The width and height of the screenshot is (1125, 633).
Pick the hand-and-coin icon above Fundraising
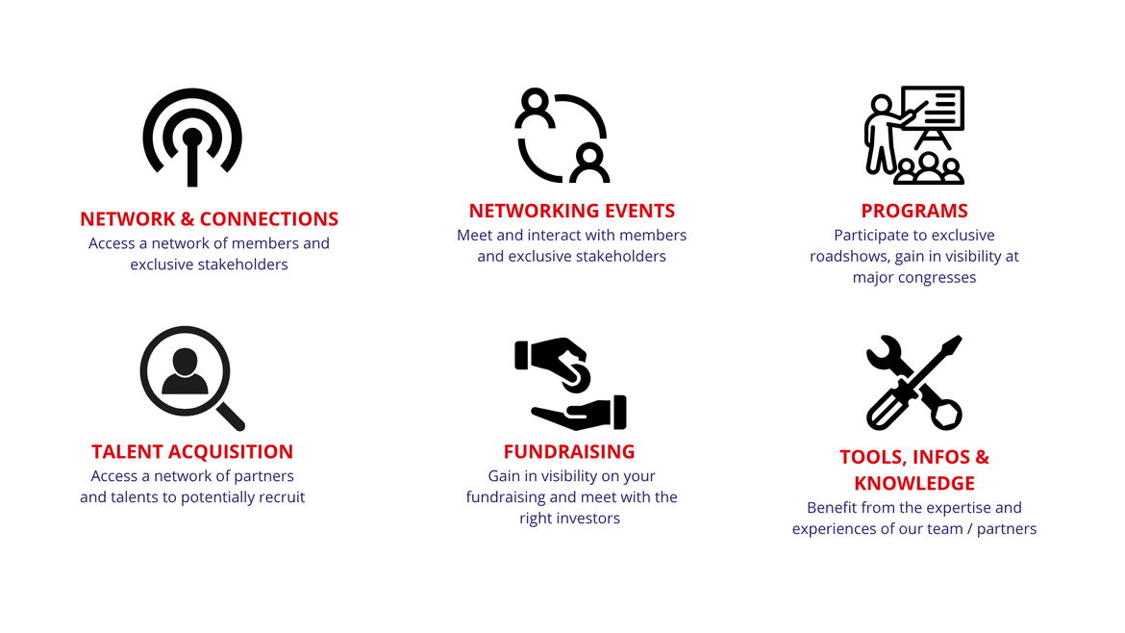click(x=570, y=383)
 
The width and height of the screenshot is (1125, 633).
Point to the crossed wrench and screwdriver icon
click(x=914, y=383)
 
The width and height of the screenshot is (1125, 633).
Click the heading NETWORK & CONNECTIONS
click(x=209, y=219)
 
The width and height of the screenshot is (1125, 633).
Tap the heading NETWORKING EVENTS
click(x=572, y=211)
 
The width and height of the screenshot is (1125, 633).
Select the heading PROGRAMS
click(x=914, y=211)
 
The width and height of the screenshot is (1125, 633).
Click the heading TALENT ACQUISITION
click(x=192, y=451)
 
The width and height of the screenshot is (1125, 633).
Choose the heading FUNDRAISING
click(x=569, y=451)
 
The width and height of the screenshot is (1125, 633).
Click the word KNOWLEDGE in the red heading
click(x=914, y=483)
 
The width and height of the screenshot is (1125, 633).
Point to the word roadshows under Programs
click(x=848, y=256)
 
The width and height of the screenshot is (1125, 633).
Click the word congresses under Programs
click(x=940, y=278)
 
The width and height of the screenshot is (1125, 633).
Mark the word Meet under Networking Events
click(x=474, y=236)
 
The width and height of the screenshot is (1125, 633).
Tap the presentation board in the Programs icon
click(x=933, y=108)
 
